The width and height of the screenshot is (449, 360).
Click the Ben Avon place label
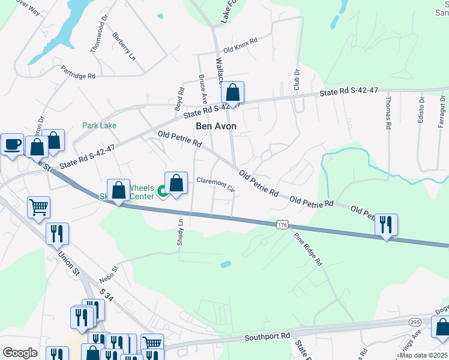pos(216,127)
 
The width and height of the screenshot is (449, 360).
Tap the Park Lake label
pos(99,126)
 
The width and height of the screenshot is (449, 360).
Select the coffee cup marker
pos(12,144)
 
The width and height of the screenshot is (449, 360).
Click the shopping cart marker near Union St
pos(38,207)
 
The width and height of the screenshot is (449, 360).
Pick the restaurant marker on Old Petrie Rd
pos(386,224)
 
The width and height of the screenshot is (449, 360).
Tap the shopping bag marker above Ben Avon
pos(232,92)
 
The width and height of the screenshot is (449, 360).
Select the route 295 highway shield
pos(415,322)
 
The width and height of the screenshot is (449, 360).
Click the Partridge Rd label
pos(78,73)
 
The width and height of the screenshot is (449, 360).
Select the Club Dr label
pos(297,79)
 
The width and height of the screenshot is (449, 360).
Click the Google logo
pos(19,353)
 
